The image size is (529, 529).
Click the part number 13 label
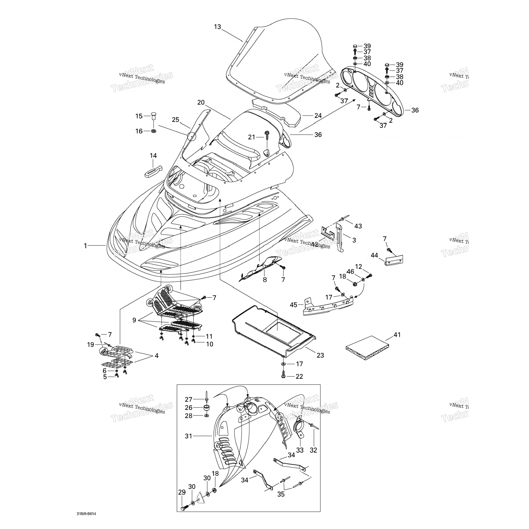(x=217, y=26)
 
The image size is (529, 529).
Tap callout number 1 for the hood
(x=85, y=246)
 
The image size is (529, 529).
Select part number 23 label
(x=320, y=355)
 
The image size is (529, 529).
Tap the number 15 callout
(x=139, y=116)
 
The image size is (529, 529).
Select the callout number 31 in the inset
(x=189, y=436)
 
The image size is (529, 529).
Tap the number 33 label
(x=300, y=450)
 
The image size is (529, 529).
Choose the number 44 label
(x=374, y=255)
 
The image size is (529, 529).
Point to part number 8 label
(x=265, y=280)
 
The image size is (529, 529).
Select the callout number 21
(x=251, y=137)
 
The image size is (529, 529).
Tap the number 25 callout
(x=176, y=120)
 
